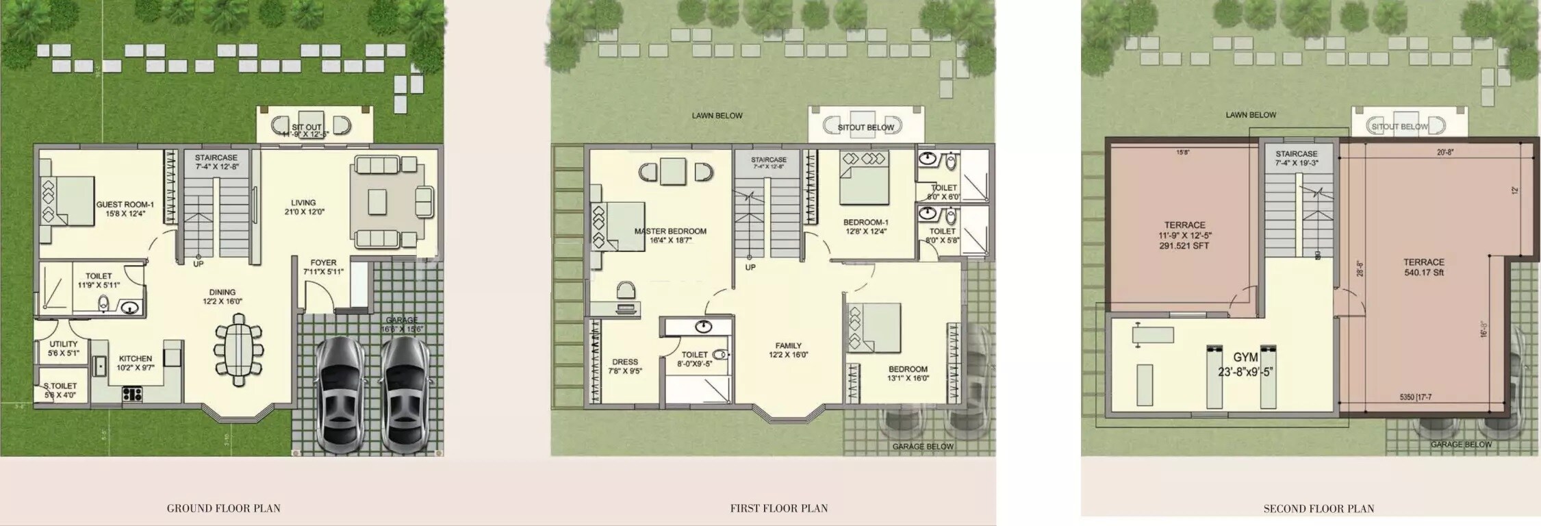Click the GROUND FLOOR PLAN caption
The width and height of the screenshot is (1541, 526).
(223, 508)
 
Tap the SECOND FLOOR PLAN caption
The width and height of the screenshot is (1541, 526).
(1319, 508)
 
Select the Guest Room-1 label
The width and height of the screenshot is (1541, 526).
(125, 204)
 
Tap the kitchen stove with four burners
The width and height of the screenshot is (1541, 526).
(131, 393)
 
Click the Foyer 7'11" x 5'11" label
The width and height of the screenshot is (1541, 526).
(323, 266)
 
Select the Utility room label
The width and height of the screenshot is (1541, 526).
(64, 349)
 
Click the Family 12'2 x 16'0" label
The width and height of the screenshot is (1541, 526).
(788, 350)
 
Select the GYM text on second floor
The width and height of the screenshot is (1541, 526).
(1245, 358)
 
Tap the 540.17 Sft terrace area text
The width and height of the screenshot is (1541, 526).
(1423, 272)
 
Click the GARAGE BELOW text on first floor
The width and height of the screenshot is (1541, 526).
(923, 447)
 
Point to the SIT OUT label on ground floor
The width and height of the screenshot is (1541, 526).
(306, 127)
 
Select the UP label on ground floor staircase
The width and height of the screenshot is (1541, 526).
(198, 264)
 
